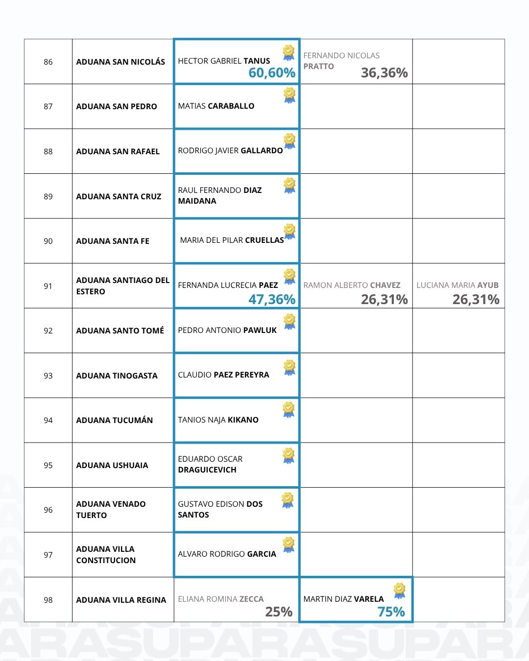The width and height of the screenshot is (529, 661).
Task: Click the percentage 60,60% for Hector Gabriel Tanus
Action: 272,73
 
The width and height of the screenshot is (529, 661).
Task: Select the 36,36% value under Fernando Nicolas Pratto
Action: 384,73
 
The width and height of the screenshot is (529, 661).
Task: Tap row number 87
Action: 48,107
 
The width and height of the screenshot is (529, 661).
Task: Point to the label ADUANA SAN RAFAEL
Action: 118,152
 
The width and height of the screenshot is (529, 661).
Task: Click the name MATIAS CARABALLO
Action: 216,106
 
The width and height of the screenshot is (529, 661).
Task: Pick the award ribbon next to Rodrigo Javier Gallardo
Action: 289,141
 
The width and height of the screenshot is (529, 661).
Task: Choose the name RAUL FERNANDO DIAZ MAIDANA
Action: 219,195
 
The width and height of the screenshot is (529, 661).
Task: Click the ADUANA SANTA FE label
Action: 113,241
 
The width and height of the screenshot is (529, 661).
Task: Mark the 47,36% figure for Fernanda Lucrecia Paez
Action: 272,299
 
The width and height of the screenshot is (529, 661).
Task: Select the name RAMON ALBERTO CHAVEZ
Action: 352,285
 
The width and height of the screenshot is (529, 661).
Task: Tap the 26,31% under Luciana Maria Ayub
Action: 476,299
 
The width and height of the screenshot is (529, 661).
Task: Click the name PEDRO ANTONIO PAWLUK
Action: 227,330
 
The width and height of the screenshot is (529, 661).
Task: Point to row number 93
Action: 48,376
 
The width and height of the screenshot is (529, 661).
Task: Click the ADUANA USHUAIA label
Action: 112,466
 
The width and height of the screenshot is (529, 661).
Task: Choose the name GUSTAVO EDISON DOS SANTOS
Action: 220,509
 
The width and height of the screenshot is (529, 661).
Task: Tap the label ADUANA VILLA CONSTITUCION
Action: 106,555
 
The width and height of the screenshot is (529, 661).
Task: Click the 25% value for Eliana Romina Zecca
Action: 279,612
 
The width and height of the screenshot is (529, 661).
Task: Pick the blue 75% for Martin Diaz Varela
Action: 391,612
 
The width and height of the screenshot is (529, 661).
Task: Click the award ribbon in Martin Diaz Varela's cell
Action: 400,590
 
